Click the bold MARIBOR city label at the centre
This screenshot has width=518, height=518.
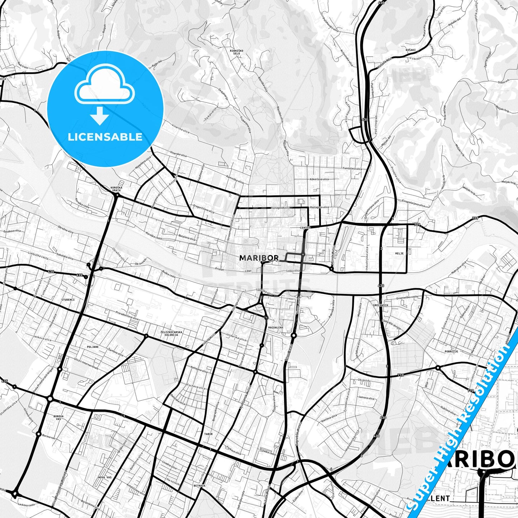(x=258, y=258)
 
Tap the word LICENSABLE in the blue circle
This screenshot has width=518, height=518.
(x=105, y=137)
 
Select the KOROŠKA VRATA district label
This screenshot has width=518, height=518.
(x=117, y=189)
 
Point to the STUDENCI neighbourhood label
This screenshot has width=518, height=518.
(x=68, y=299)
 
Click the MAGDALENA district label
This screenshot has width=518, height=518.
(x=275, y=327)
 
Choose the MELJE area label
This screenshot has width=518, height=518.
(x=400, y=253)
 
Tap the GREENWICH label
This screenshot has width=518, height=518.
(x=380, y=305)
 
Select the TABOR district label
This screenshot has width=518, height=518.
(x=208, y=434)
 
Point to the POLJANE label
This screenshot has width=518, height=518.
(x=92, y=347)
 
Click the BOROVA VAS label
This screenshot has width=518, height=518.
(x=58, y=418)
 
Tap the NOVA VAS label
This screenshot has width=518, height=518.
(x=105, y=477)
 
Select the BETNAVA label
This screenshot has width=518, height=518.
(x=199, y=486)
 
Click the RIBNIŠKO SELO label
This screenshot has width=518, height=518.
(x=237, y=52)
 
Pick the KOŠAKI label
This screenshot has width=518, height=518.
(x=410, y=49)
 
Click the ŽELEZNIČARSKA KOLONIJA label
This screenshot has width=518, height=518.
(x=171, y=333)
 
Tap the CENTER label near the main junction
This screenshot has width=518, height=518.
(x=305, y=228)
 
